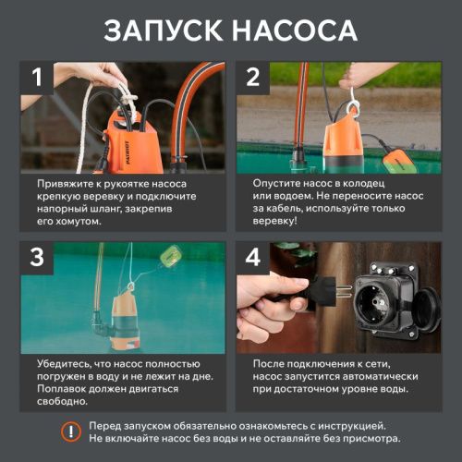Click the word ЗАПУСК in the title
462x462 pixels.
point(163,30)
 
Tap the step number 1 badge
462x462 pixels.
point(37,79)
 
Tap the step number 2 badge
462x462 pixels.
point(253,79)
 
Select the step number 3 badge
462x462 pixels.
point(37,259)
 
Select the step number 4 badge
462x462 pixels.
point(253,259)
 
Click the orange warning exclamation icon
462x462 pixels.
point(69,431)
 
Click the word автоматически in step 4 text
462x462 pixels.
point(383,377)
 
